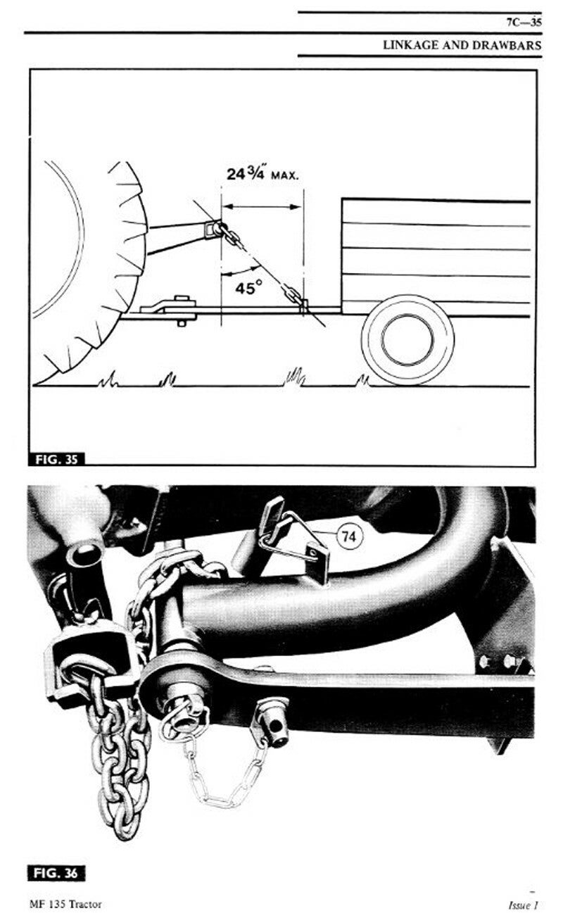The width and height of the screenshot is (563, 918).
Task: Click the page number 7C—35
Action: (x=524, y=23)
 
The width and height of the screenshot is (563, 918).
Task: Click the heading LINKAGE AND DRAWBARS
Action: (x=462, y=45)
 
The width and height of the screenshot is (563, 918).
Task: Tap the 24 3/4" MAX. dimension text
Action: (x=262, y=174)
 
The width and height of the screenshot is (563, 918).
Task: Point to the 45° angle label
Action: (x=248, y=288)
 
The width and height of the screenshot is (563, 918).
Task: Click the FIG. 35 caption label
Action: (x=56, y=459)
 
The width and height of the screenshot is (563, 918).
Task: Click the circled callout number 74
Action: (x=349, y=536)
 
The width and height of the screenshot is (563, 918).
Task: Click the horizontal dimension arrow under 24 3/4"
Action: (x=262, y=207)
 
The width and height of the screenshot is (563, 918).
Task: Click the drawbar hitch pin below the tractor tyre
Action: (x=182, y=310)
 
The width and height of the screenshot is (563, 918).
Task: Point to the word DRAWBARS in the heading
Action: (x=507, y=45)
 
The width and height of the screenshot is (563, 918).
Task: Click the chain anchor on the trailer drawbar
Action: (x=303, y=306)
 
